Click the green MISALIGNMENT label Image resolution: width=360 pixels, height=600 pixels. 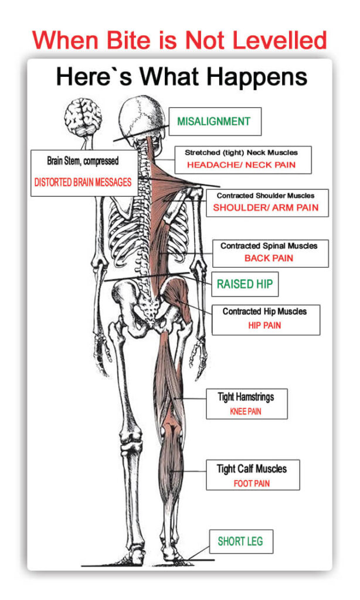click(213, 122)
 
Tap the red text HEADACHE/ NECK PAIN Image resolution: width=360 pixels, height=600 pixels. click(241, 165)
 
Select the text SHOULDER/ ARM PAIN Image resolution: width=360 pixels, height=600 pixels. click(266, 207)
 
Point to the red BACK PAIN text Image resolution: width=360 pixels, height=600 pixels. click(269, 258)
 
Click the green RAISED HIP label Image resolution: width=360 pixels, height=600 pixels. click(244, 284)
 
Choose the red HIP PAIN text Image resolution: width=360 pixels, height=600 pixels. click(264, 325)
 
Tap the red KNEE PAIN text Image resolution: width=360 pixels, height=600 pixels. click(246, 412)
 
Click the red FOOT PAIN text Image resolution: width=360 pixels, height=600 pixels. click(252, 483)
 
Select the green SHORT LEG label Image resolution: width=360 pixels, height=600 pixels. click(241, 541)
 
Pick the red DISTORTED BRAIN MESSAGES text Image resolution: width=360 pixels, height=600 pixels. click(82, 182)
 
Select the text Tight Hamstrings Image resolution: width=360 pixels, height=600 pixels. click(246, 397)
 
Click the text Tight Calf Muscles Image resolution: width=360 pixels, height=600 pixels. click(252, 469)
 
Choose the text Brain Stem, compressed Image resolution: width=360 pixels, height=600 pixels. click(83, 161)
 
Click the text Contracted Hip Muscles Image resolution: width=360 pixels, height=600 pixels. click(264, 312)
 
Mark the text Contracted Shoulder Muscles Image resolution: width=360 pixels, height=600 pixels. click(266, 196)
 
